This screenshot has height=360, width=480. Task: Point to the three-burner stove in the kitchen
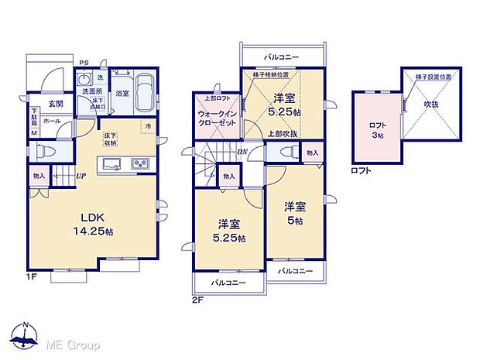(140, 163)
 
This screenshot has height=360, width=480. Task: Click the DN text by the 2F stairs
(242, 152)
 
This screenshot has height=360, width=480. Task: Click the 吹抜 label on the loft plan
(431, 102)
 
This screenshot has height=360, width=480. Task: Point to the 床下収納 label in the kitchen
(111, 139)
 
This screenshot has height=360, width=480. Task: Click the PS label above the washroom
(83, 62)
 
